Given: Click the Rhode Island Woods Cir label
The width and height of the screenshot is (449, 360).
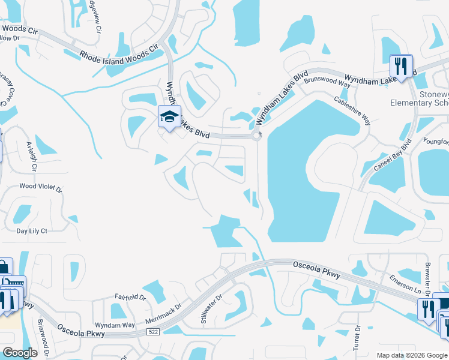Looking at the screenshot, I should [118, 53].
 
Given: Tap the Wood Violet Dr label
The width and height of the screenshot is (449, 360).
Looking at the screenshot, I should [41, 187].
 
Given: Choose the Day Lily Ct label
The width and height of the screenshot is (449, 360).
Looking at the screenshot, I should [32, 230].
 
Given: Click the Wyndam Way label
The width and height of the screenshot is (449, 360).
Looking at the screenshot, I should [115, 325].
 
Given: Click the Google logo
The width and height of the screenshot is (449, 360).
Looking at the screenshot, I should [20, 352].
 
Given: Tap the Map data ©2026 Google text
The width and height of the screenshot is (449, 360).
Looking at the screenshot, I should [411, 355].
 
